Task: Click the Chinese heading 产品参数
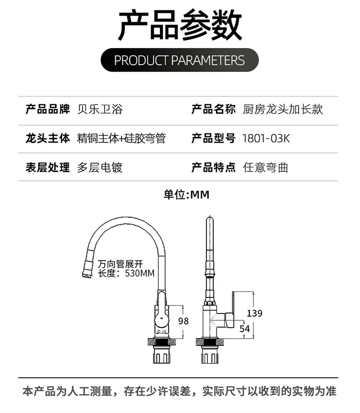tap(180, 24)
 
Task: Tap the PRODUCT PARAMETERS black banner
tap(180, 60)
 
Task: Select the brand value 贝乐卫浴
tap(100, 109)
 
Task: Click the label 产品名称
tap(213, 109)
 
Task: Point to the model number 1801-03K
tap(266, 138)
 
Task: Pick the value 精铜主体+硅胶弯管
tap(121, 138)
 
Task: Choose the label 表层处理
tap(48, 168)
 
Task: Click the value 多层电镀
tap(100, 168)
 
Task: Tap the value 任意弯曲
tap(265, 168)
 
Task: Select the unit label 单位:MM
tap(186, 194)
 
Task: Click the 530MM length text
tap(140, 273)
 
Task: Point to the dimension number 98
tap(183, 321)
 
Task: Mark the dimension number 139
tap(254, 313)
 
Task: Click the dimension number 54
tap(245, 328)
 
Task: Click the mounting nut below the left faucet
tap(162, 354)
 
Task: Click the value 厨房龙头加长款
tap(283, 109)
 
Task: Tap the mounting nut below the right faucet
tap(210, 354)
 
